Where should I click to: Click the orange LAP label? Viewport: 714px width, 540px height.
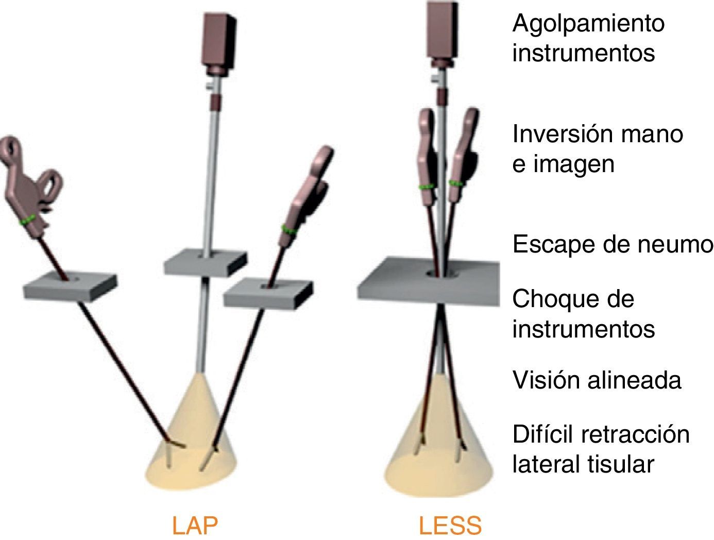(x=195, y=526)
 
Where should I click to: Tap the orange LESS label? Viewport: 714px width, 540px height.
(x=450, y=526)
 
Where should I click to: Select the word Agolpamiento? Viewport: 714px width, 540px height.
(x=588, y=24)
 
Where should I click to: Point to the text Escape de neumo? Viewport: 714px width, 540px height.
(x=612, y=244)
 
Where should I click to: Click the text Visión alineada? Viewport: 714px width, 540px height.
(x=597, y=380)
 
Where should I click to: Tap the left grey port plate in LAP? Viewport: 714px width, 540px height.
(x=70, y=286)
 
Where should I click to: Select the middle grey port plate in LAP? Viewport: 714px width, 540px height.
(x=205, y=262)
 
